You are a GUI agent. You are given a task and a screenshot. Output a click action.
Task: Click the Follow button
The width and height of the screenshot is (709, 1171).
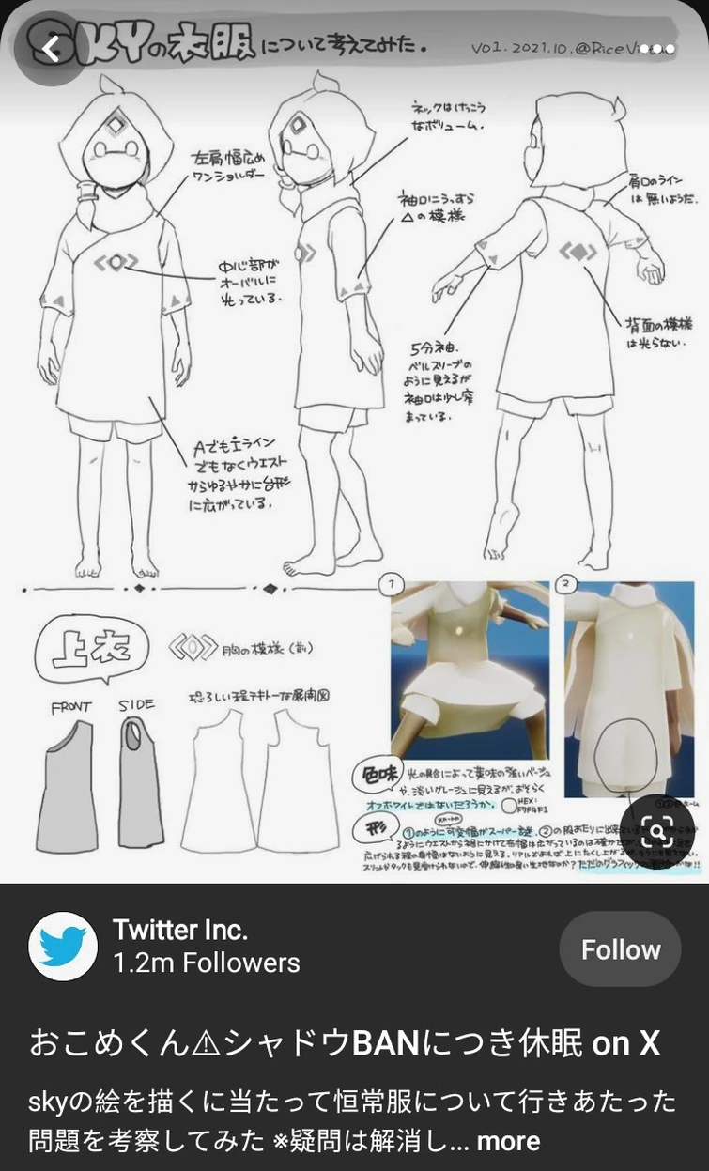click(x=621, y=949)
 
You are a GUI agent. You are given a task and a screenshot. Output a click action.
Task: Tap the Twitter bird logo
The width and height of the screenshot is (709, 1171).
click(x=63, y=947)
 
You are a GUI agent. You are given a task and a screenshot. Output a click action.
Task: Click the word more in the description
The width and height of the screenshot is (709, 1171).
click(x=508, y=1141)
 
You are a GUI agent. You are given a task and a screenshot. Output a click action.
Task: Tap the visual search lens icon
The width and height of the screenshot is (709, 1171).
click(x=658, y=830)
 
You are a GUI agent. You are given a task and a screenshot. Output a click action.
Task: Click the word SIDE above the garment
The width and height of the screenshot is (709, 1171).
click(x=136, y=705)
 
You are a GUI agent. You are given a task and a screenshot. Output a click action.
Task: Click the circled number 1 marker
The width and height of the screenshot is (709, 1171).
click(x=391, y=585)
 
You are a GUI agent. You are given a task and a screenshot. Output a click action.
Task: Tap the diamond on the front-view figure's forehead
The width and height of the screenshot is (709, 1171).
click(x=117, y=127)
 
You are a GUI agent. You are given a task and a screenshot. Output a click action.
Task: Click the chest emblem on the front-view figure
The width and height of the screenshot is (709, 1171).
click(x=116, y=263)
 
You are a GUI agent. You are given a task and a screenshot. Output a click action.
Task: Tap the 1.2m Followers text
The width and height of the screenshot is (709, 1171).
click(x=206, y=963)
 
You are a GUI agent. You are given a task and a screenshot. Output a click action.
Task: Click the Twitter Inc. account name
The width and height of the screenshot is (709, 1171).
click(x=179, y=931)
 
